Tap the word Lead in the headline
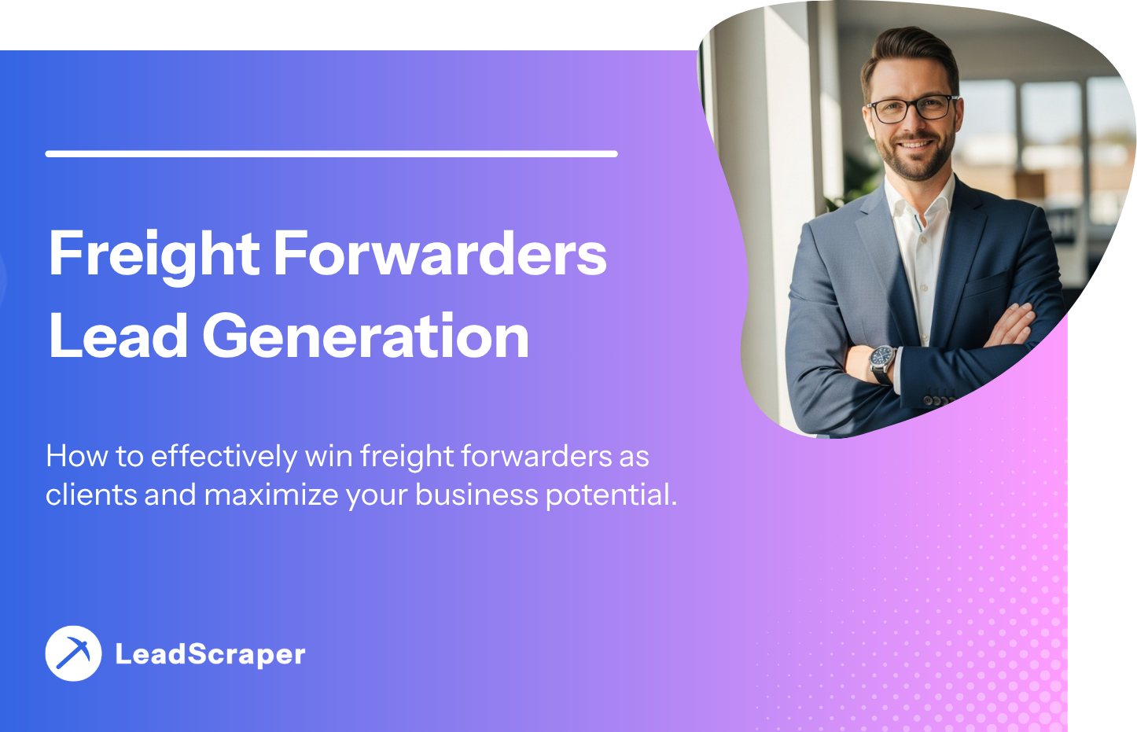[118, 336]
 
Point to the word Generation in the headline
[366, 336]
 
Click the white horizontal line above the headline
[332, 154]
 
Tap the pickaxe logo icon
[73, 653]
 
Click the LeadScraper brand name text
[210, 654]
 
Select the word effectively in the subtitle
[224, 455]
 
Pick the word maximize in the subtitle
[271, 495]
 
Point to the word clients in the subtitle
[91, 495]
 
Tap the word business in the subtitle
[477, 495]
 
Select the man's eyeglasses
[913, 109]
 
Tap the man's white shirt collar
[918, 200]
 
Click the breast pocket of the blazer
[985, 285]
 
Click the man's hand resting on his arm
[1010, 326]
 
